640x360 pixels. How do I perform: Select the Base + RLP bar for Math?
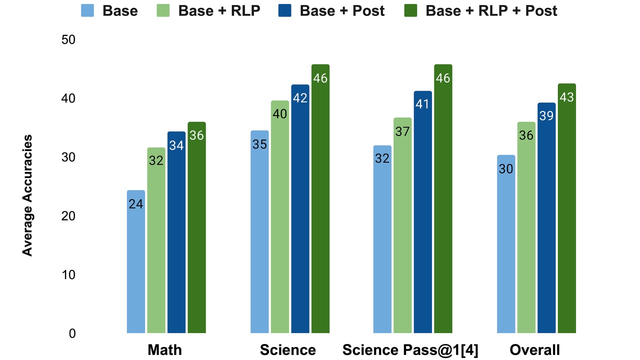(x=156, y=240)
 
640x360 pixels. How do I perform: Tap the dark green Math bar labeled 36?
(x=196, y=227)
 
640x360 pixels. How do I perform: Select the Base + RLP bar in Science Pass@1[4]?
(x=402, y=225)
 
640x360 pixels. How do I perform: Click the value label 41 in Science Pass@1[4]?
(x=423, y=105)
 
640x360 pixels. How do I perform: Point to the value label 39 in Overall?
(x=546, y=116)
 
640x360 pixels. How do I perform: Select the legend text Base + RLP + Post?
(x=491, y=10)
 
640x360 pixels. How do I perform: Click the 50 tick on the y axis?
(x=68, y=40)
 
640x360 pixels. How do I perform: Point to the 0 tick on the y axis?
(x=72, y=333)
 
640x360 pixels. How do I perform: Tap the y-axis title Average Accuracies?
(x=27, y=195)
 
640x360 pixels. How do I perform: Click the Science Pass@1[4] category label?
(x=410, y=350)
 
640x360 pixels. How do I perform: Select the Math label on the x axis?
(x=164, y=350)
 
